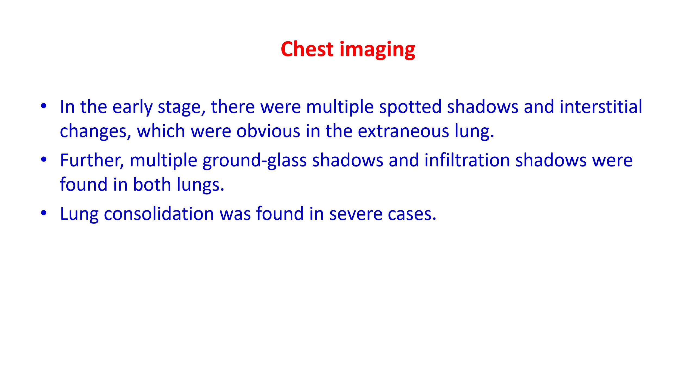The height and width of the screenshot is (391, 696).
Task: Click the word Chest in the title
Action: (x=307, y=49)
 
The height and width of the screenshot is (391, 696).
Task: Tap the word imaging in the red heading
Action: (x=377, y=50)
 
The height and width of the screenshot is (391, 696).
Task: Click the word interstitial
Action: (x=601, y=106)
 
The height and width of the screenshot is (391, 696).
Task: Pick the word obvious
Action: (x=268, y=131)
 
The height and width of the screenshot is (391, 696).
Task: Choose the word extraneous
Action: (x=403, y=131)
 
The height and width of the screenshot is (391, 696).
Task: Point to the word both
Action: (x=152, y=184)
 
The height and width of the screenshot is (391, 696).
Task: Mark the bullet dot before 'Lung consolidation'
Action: (x=43, y=213)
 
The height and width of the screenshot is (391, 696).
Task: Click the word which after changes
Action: (x=161, y=131)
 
